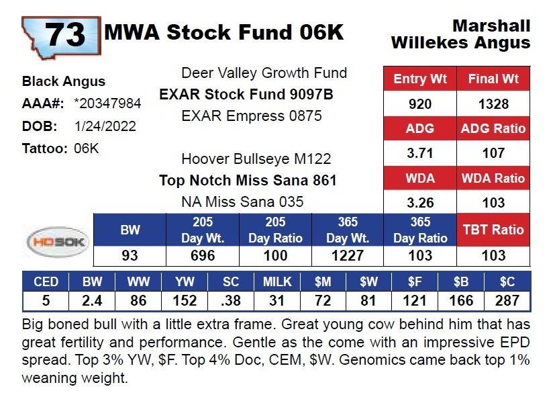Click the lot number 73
coord(65,34)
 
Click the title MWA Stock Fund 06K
coord(223,32)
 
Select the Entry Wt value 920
coord(419,104)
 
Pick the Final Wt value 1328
coord(493,104)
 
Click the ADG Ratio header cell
coord(493,128)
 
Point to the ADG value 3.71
coord(419,152)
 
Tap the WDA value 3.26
coord(419,202)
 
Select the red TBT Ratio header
coord(493,229)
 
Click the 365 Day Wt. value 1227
coord(347,255)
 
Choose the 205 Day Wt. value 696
coord(203,255)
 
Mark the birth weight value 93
coord(130,255)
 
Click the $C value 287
coord(508,300)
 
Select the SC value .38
coord(232,300)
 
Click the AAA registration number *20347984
coord(108,104)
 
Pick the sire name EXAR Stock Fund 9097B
coord(246,94)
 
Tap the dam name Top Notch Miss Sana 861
coord(248,180)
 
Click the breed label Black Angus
coord(64,81)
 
